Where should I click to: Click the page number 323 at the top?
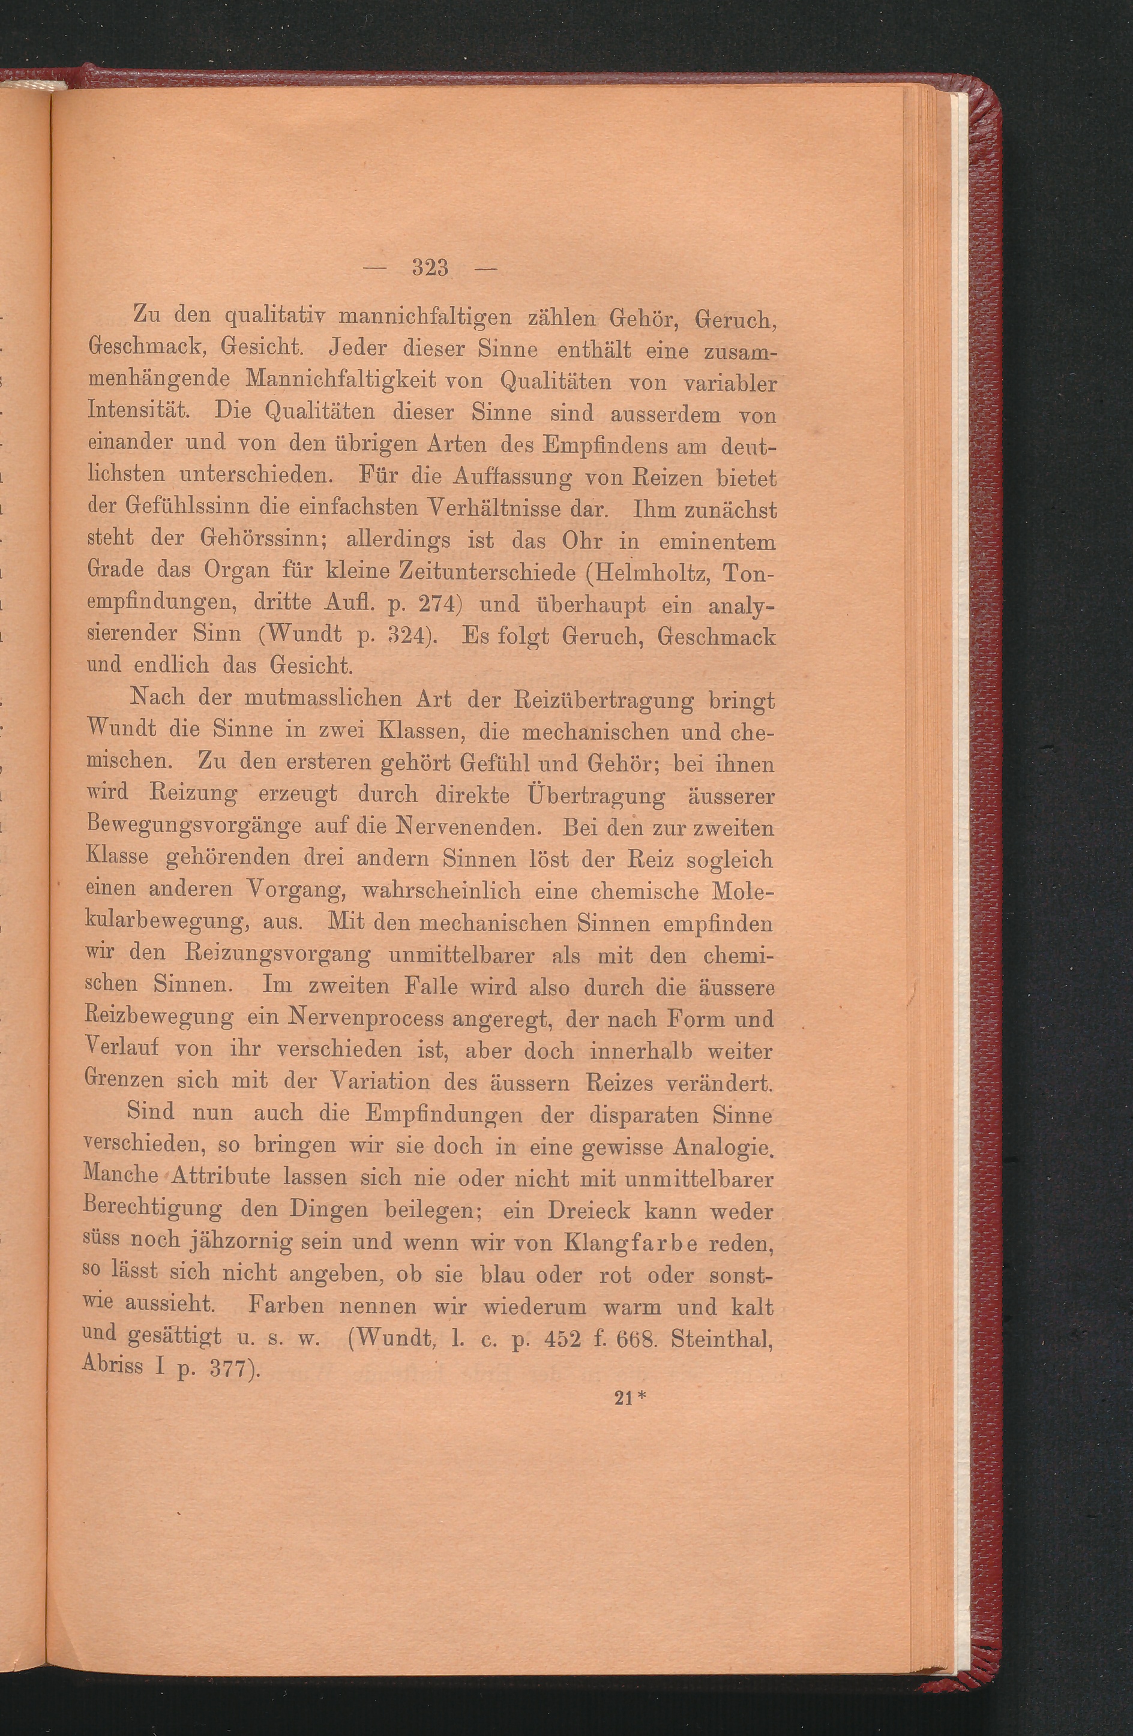(x=429, y=268)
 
